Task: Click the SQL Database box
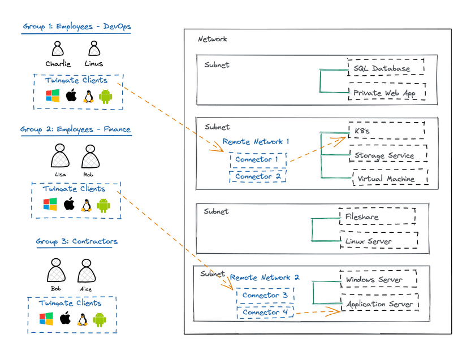click(x=386, y=68)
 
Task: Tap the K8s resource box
click(x=387, y=131)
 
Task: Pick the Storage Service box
click(x=388, y=155)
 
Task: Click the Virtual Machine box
click(x=390, y=179)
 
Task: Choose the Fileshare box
click(x=377, y=216)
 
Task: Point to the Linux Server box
click(x=378, y=240)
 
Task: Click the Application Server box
click(x=380, y=303)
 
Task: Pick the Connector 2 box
click(x=258, y=176)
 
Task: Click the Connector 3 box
click(x=265, y=295)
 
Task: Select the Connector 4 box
click(x=265, y=312)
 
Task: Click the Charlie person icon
click(x=58, y=49)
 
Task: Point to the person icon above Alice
click(x=85, y=272)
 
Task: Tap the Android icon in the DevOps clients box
click(x=105, y=96)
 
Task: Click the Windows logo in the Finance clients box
click(x=50, y=205)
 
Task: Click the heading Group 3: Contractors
click(x=77, y=242)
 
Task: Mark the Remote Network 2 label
click(x=265, y=277)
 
